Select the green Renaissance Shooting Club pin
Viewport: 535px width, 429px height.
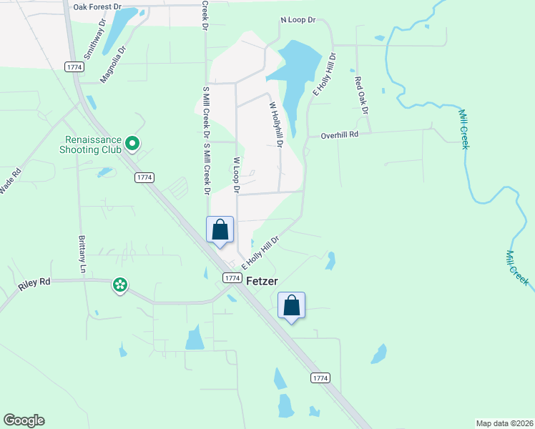pyautogui.click(x=132, y=144)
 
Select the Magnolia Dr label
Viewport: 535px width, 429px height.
pyautogui.click(x=113, y=64)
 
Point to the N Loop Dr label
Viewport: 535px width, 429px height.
pyautogui.click(x=297, y=21)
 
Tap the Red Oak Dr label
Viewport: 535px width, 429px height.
pyautogui.click(x=361, y=95)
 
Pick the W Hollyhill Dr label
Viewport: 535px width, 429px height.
pyautogui.click(x=276, y=124)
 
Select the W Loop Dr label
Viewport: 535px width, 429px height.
pyautogui.click(x=235, y=175)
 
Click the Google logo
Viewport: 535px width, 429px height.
pyautogui.click(x=24, y=420)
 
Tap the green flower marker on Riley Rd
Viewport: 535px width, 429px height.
pyautogui.click(x=120, y=285)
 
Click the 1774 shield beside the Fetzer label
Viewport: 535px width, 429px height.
pyautogui.click(x=230, y=277)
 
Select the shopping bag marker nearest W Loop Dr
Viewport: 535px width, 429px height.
pyautogui.click(x=220, y=230)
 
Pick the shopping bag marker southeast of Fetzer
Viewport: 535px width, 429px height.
pyautogui.click(x=291, y=306)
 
